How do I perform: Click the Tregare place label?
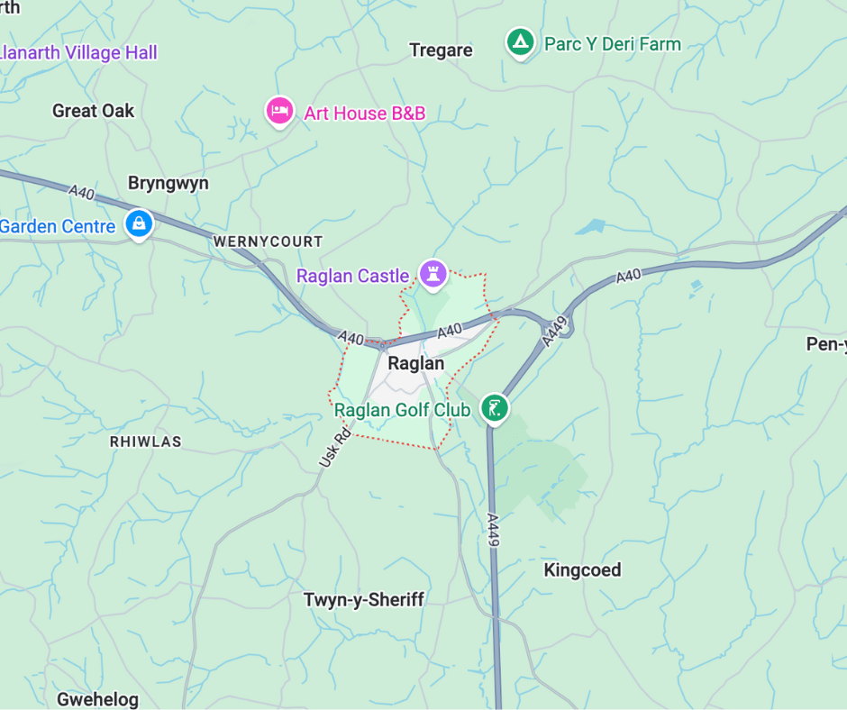click(441, 50)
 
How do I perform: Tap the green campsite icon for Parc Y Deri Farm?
click(518, 42)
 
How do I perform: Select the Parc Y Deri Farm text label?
click(613, 44)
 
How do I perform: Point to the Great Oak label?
click(93, 111)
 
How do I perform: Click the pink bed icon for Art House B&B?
click(279, 111)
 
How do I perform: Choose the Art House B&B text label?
click(364, 114)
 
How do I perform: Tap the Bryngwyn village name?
click(168, 183)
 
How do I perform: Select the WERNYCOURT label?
click(268, 241)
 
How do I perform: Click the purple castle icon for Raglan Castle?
click(433, 273)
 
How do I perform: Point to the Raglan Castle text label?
click(353, 276)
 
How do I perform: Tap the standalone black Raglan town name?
click(415, 364)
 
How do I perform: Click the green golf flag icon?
click(493, 407)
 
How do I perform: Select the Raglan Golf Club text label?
click(403, 411)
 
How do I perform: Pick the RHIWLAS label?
click(145, 441)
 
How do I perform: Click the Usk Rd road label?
click(334, 447)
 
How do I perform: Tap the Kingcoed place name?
click(582, 569)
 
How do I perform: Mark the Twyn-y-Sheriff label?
click(363, 600)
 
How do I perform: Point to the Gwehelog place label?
click(97, 699)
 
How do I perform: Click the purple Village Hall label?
click(79, 52)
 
